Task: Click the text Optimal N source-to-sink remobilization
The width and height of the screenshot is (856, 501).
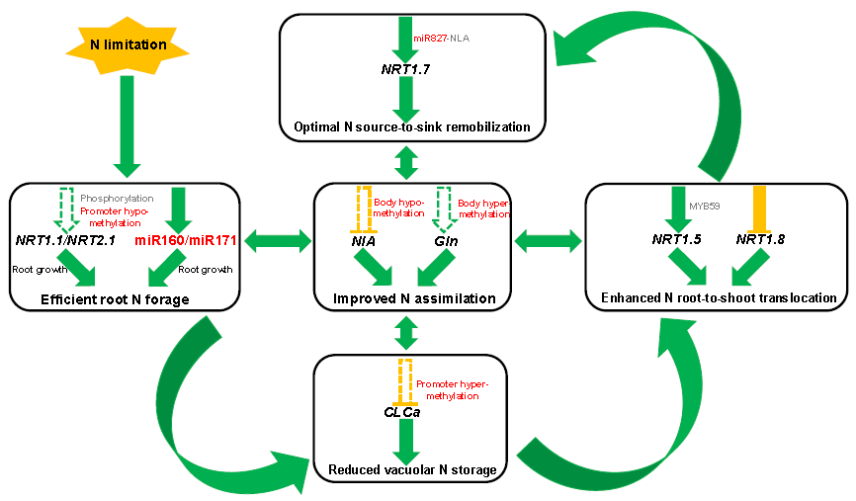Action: tap(412, 126)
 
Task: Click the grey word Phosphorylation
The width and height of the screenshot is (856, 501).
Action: tap(117, 198)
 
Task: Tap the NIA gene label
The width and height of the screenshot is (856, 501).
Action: tap(365, 239)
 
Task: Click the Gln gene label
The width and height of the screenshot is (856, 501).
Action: tap(443, 239)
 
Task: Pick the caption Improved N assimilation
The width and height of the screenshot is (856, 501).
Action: tap(413, 298)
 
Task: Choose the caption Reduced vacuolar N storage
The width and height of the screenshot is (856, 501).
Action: tap(412, 469)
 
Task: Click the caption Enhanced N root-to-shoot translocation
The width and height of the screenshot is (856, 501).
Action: tap(719, 297)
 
